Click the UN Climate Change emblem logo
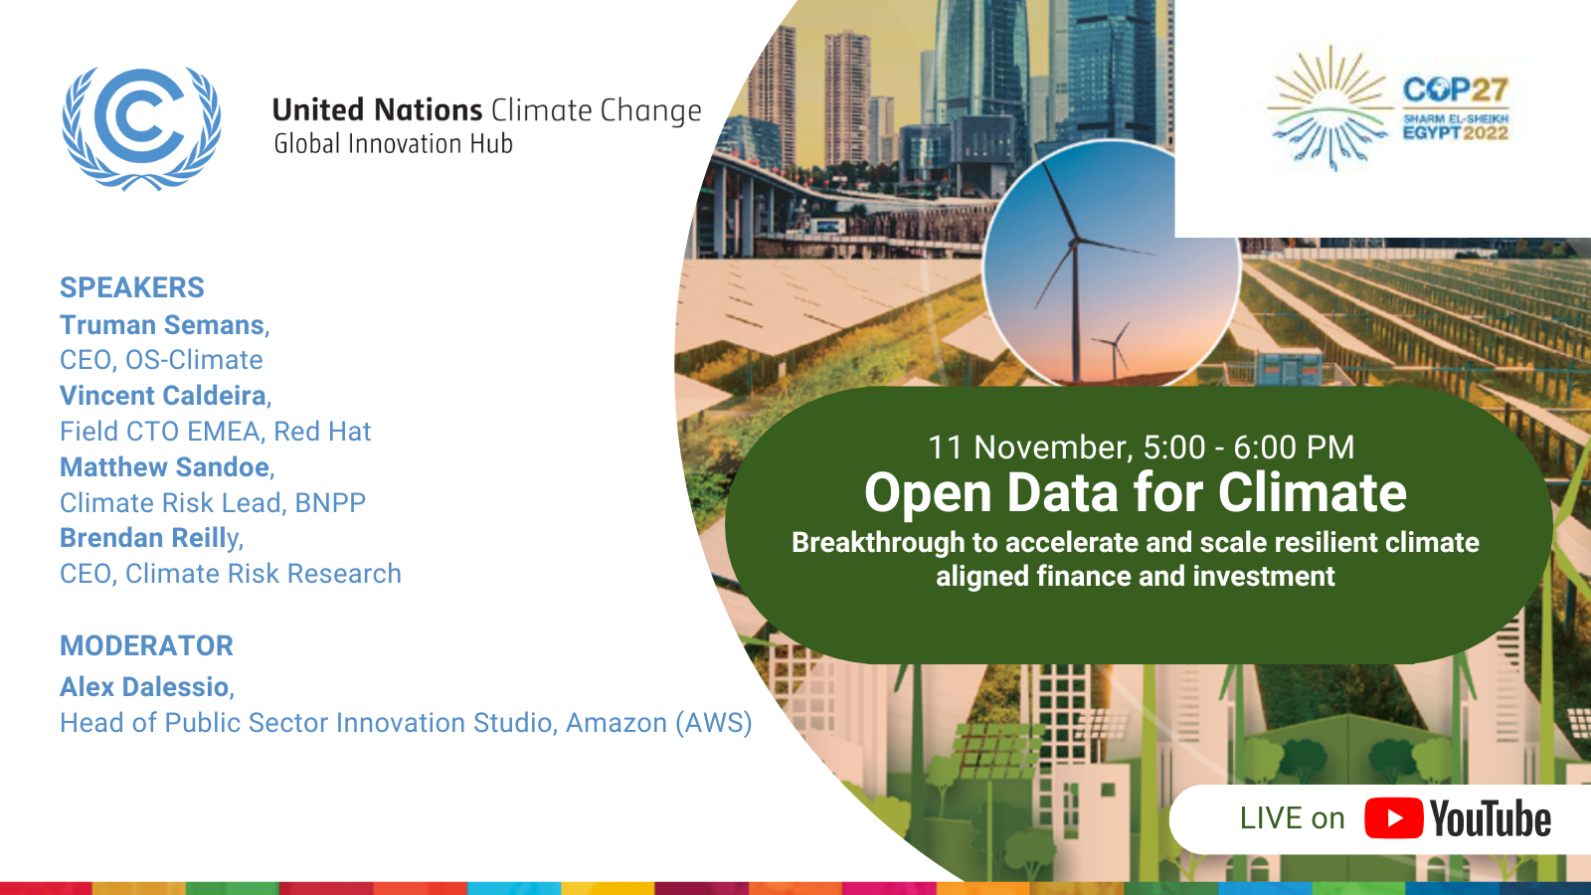tap(141, 128)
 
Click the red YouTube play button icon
tap(1393, 818)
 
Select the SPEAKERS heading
tap(132, 287)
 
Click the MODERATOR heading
tap(146, 645)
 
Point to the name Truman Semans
tap(162, 324)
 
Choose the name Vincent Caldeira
tap(163, 396)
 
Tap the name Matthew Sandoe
tap(164, 466)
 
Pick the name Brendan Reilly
tap(149, 539)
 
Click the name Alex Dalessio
tap(144, 687)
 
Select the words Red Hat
tap(322, 432)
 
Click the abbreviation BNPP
tap(330, 503)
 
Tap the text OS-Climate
tap(194, 360)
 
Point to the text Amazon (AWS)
tap(659, 723)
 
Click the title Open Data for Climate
tap(1135, 492)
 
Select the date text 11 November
tap(1027, 447)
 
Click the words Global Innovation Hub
tap(394, 143)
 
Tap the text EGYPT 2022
tap(1456, 133)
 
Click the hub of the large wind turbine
tap(1075, 242)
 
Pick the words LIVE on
tap(1292, 818)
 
